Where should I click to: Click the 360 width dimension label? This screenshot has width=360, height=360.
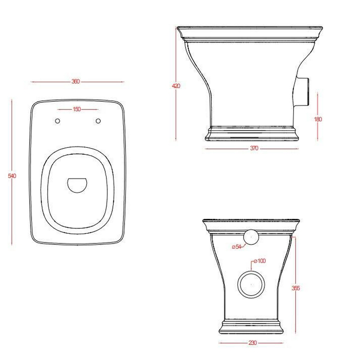pos(76,81)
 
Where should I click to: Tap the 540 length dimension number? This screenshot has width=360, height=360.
pos(12,176)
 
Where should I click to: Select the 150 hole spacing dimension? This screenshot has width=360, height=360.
pos(77,109)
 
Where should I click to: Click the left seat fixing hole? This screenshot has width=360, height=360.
pos(58,121)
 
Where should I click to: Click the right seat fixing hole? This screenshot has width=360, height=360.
pos(98,121)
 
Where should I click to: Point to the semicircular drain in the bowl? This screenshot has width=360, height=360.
pos(77,185)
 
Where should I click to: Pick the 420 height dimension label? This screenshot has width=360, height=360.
pos(176,86)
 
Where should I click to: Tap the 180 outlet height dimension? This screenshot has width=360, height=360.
pos(318,119)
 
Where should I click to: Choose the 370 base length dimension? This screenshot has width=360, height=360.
pos(254,148)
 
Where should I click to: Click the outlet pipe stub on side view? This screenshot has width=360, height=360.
pos(302,92)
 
